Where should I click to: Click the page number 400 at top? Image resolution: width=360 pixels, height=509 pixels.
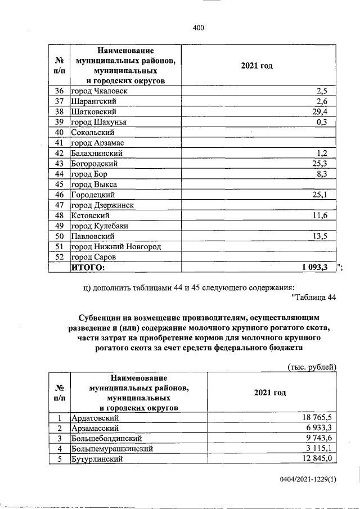(197, 28)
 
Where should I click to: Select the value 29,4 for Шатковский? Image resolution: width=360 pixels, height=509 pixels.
(327, 112)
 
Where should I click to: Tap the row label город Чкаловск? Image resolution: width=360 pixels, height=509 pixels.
(100, 91)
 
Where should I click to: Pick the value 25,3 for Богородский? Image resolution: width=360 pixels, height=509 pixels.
(327, 164)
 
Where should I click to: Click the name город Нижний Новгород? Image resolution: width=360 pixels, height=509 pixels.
(115, 247)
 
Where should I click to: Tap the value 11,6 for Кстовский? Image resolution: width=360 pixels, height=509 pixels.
(327, 215)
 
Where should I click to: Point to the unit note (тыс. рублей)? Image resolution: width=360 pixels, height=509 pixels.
(312, 367)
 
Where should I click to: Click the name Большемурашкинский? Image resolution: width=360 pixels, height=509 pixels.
(112, 449)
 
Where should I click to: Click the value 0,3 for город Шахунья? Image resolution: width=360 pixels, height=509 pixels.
(329, 122)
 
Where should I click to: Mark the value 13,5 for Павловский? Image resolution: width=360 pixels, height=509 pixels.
(327, 236)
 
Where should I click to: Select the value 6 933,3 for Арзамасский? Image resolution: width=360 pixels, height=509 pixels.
(319, 428)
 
